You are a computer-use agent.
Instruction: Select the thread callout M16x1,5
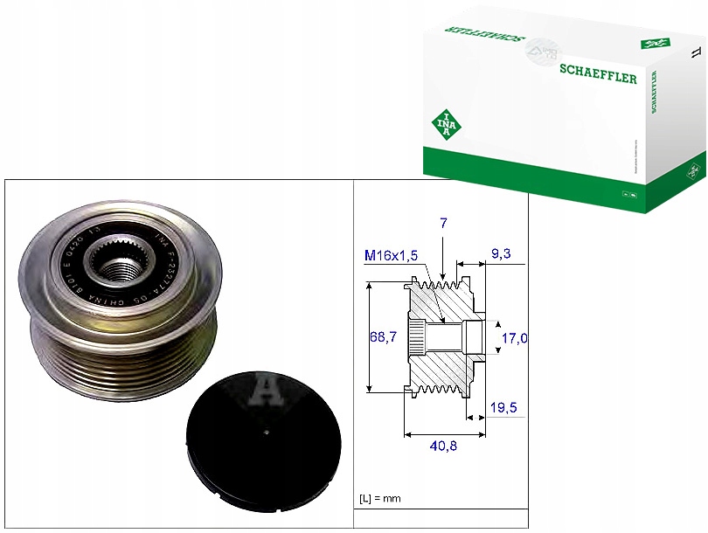392,255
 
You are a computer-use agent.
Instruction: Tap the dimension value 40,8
445,446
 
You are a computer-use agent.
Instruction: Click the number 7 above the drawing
444,225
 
